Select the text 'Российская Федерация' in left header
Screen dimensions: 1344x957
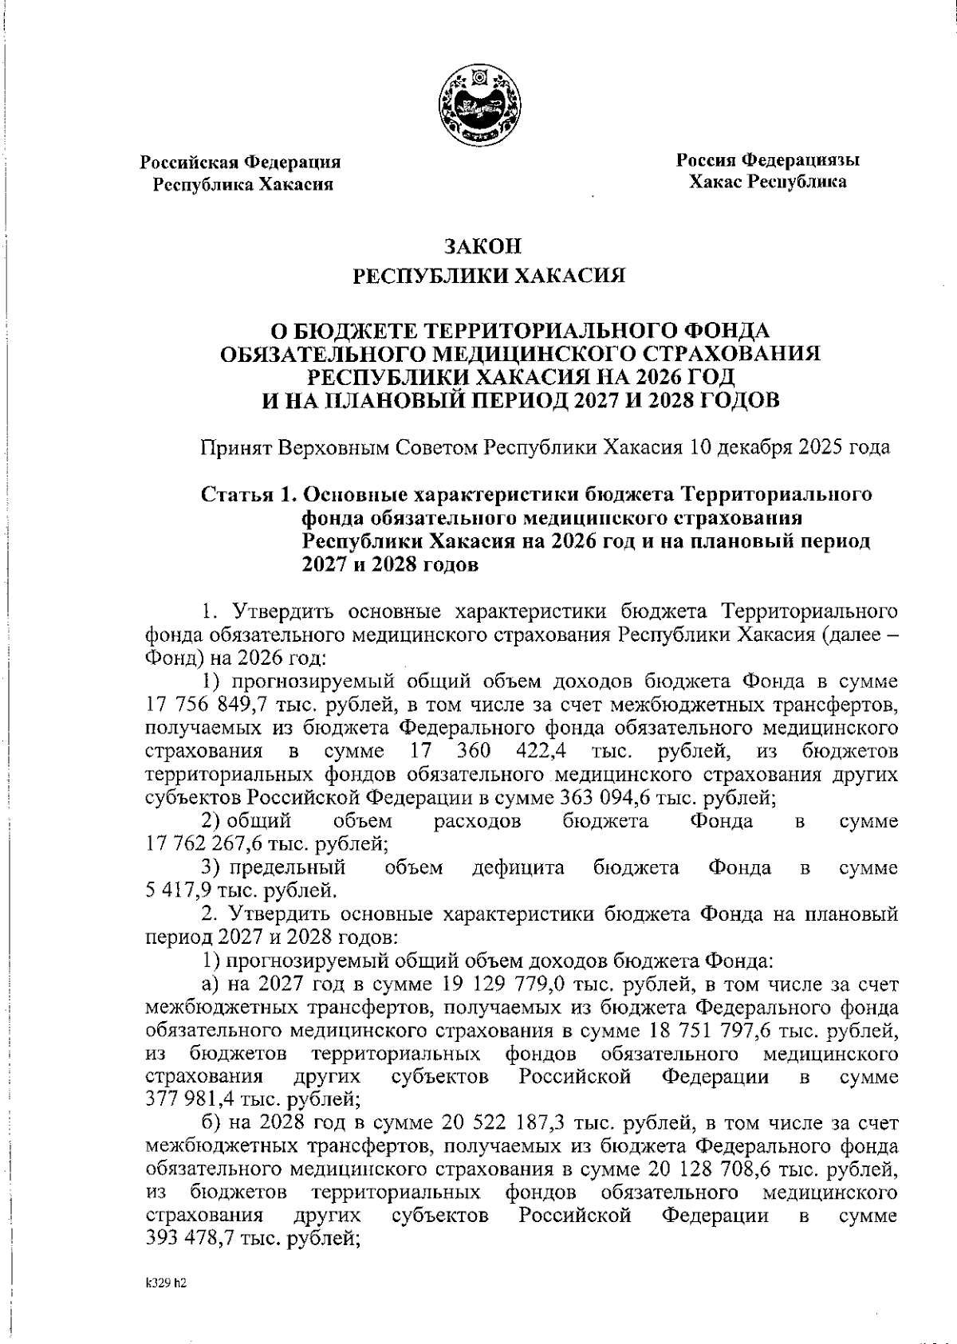241,163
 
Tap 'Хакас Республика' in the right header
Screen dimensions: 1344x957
768,183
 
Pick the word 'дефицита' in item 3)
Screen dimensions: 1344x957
518,867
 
